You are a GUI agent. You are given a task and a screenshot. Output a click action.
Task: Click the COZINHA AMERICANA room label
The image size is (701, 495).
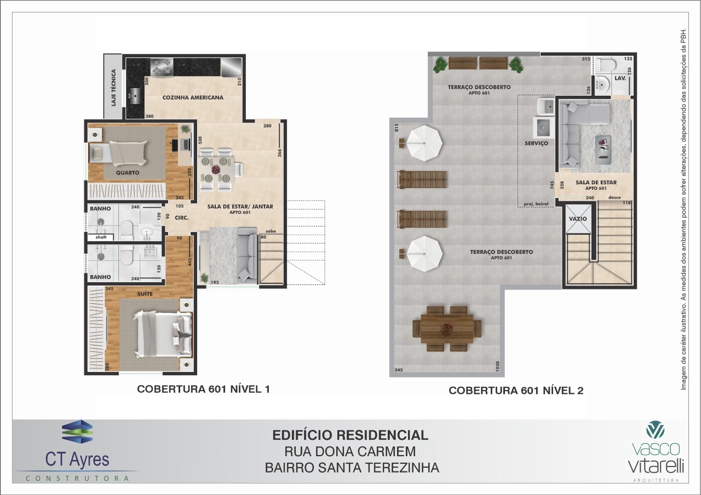(x=193, y=97)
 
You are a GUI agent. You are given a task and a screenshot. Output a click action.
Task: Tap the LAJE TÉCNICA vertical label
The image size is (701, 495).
(x=113, y=88)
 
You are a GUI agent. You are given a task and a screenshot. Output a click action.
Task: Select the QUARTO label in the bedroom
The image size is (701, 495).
(x=128, y=172)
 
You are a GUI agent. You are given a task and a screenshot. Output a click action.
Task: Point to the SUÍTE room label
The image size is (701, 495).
(x=145, y=294)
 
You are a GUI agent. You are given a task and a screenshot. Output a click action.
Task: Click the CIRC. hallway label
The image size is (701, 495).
(x=181, y=218)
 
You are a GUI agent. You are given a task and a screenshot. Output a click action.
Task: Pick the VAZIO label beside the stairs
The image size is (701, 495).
(x=578, y=219)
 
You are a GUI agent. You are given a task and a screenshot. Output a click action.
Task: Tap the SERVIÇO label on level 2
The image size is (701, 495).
(x=536, y=143)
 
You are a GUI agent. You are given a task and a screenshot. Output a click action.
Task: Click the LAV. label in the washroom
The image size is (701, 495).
(x=620, y=78)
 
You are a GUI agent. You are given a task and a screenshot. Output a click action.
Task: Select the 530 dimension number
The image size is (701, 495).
(x=200, y=140)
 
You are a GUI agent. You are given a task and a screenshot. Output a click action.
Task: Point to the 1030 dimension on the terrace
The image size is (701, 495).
(x=497, y=366)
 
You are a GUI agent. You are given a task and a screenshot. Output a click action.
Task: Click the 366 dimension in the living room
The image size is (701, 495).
(x=279, y=153)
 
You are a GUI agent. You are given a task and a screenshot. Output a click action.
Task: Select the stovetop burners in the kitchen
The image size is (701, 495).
(x=162, y=67)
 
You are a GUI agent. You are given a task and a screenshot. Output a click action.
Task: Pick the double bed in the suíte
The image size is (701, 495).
(x=163, y=334)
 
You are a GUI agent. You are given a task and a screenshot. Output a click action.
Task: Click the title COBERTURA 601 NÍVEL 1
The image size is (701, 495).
(x=203, y=389)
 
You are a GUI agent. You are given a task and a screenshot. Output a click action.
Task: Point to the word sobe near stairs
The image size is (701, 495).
(x=271, y=231)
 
